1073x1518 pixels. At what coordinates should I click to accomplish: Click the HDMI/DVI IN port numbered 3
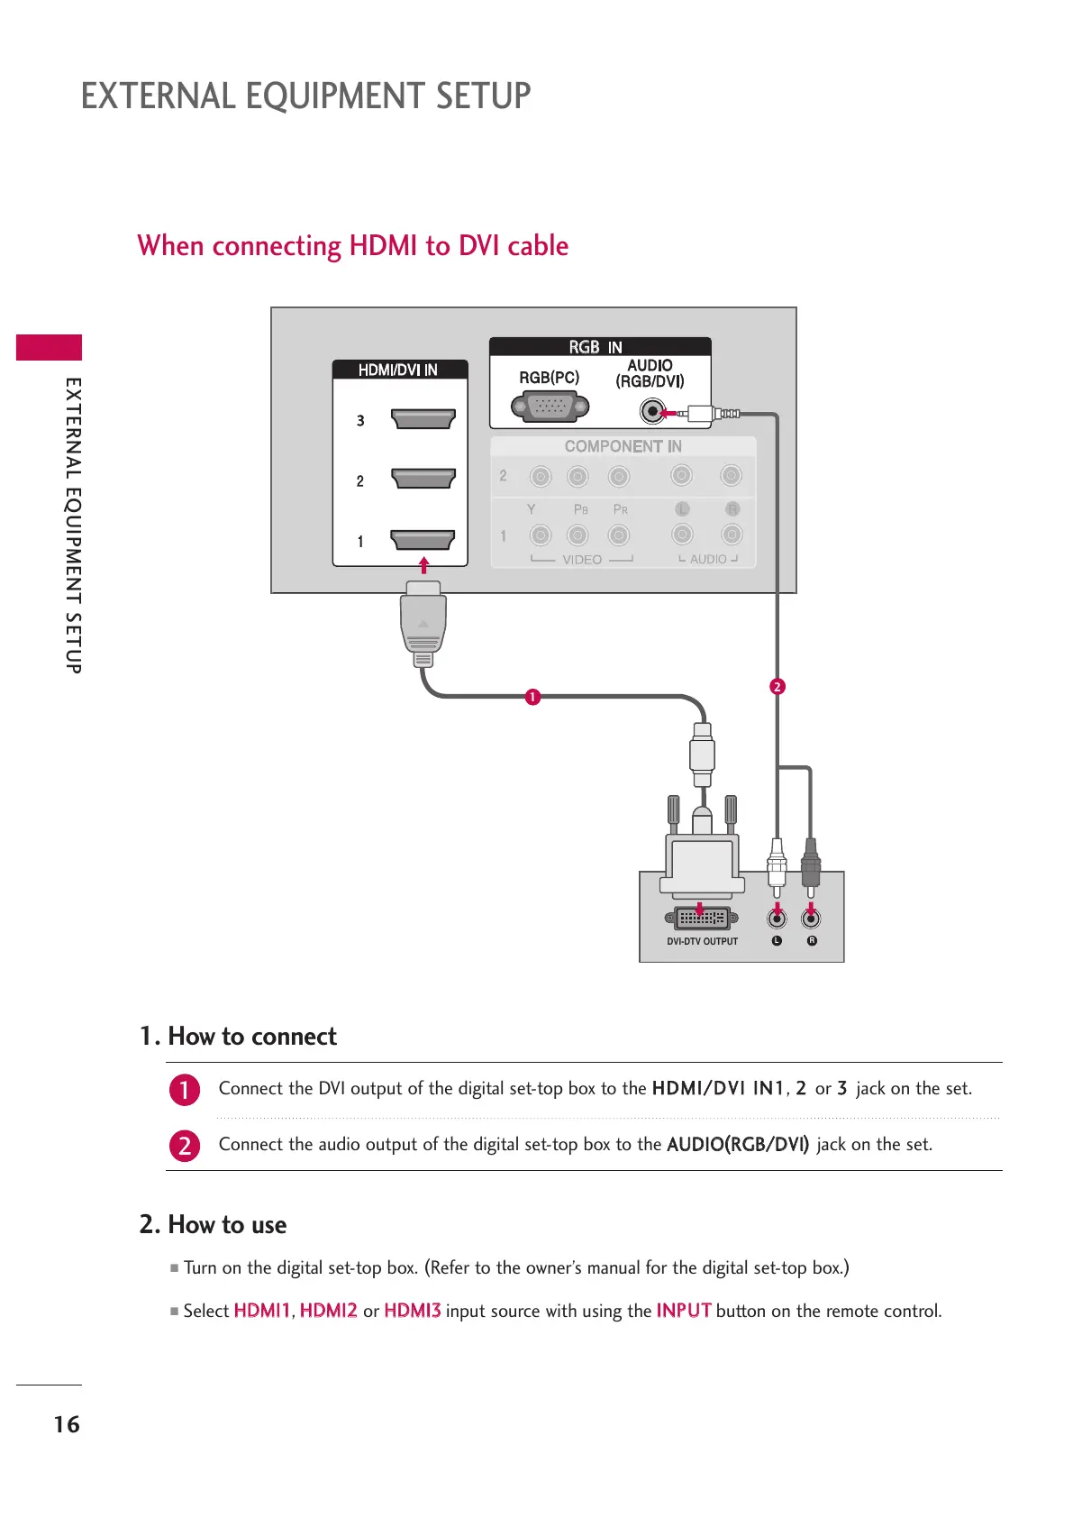(423, 419)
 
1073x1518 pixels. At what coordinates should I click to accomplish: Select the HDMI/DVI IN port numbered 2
(423, 478)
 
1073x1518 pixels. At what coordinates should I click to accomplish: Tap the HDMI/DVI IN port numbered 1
(423, 539)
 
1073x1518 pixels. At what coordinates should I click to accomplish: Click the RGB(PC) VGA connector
(550, 407)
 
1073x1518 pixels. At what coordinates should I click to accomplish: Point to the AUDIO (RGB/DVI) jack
(651, 411)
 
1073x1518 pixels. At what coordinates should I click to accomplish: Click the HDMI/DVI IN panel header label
(398, 370)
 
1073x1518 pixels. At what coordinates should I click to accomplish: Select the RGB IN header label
(596, 347)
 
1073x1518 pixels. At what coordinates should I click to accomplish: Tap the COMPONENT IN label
(623, 446)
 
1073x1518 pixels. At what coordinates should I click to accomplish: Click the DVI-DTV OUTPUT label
(702, 941)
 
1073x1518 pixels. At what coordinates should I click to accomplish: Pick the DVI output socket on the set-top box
(702, 919)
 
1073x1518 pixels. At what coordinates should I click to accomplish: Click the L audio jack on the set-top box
(777, 919)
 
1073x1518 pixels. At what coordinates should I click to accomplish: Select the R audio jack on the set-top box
(811, 919)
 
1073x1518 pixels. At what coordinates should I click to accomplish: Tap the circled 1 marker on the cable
(532, 697)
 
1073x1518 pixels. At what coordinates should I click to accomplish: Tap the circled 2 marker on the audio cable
(777, 687)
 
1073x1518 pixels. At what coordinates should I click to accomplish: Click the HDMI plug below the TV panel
(423, 622)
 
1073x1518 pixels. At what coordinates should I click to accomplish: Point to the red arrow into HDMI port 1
(423, 565)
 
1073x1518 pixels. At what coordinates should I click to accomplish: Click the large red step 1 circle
(185, 1090)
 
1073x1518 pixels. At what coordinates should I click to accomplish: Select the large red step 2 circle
(185, 1146)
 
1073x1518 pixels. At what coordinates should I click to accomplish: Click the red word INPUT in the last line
(683, 1311)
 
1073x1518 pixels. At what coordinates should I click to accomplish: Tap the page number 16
(67, 1424)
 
